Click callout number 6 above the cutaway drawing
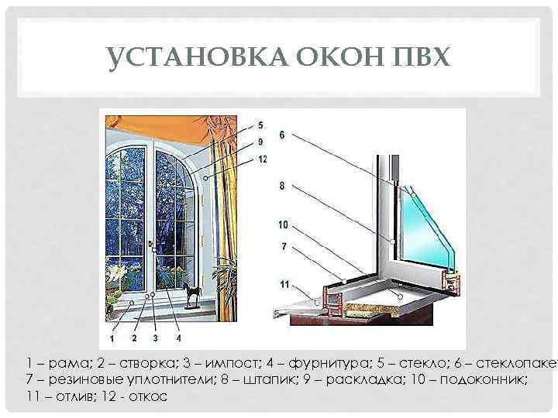(282, 135)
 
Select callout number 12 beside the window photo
(262, 160)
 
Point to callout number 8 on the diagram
(282, 186)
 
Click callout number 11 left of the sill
(284, 285)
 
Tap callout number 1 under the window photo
(113, 338)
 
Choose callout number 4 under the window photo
(178, 337)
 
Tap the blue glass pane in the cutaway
(426, 224)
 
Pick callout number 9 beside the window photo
(260, 142)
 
